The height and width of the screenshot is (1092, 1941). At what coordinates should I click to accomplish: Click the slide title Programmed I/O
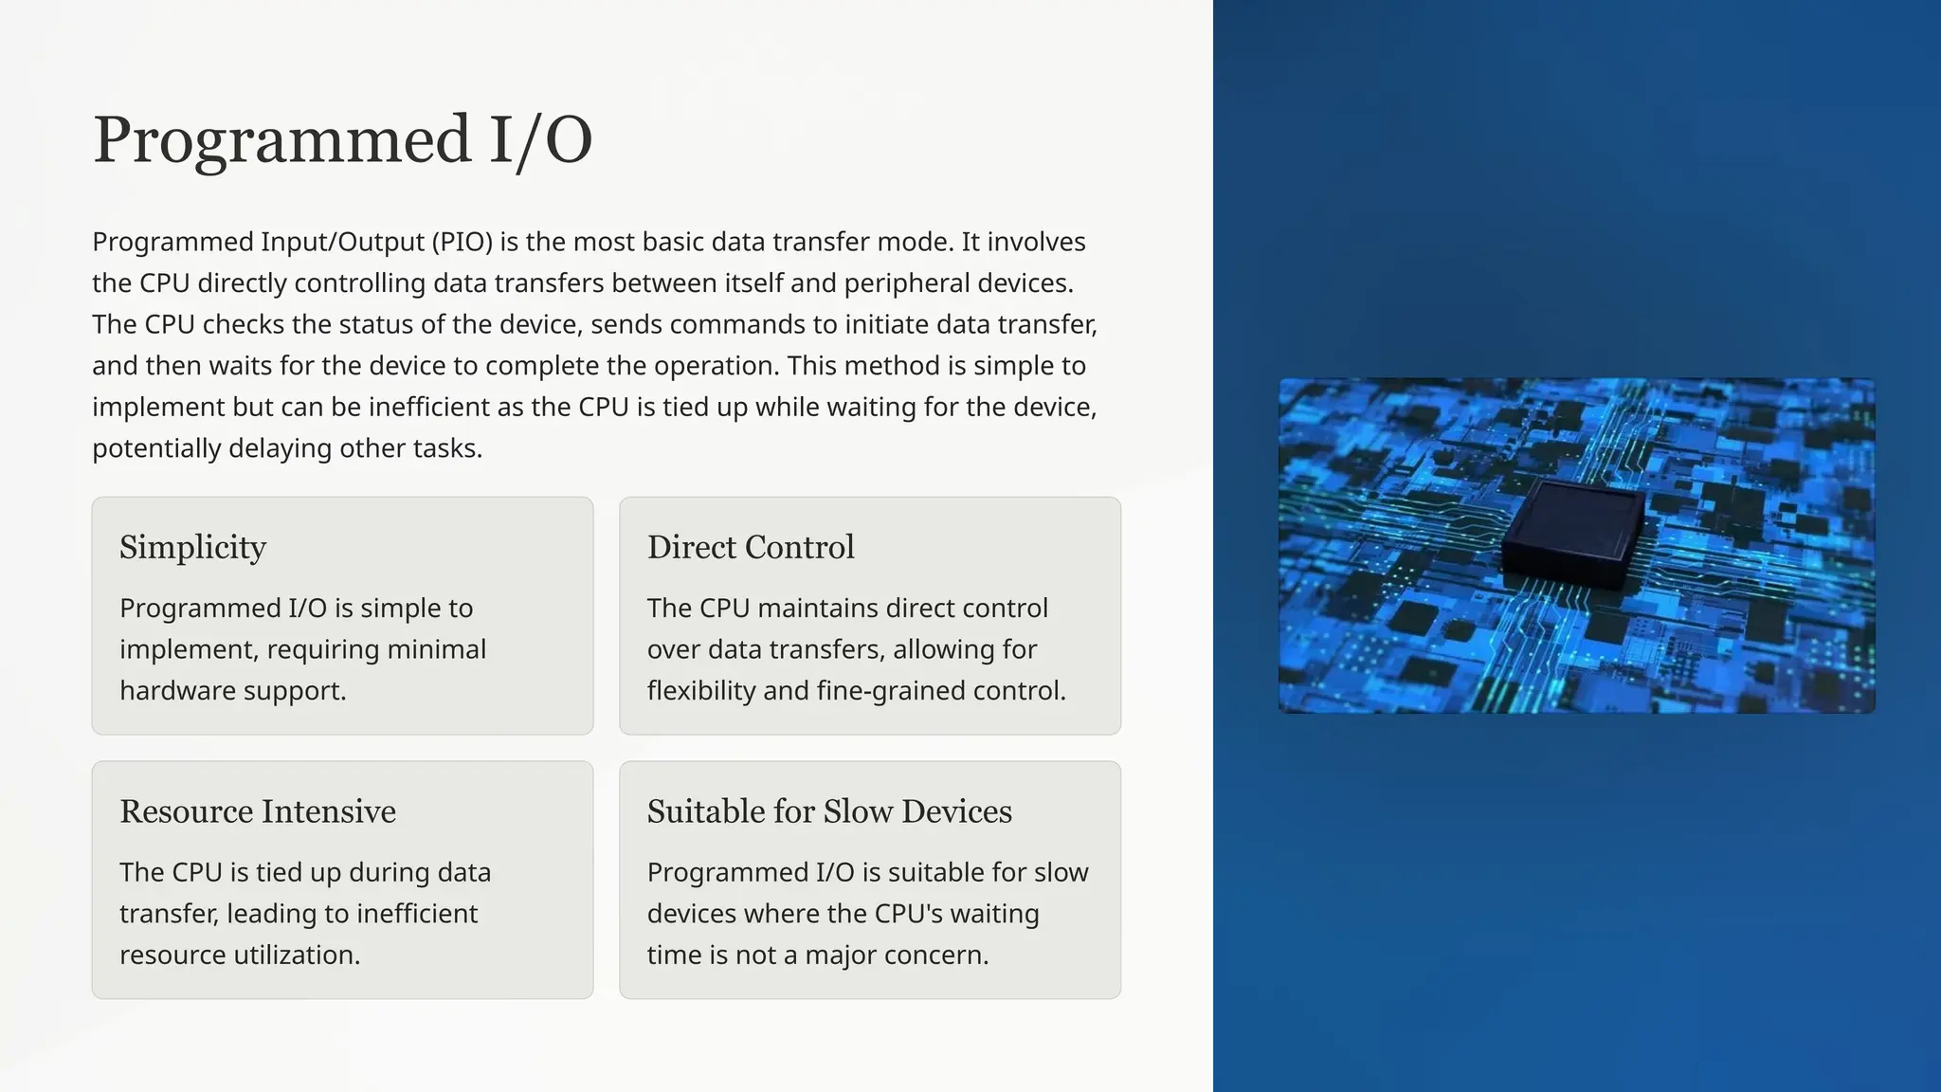342,140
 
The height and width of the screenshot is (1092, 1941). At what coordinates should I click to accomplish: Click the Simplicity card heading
192,547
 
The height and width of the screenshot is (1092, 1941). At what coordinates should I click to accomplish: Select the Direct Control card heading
751,547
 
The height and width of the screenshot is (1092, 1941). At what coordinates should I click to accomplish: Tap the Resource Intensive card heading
258,811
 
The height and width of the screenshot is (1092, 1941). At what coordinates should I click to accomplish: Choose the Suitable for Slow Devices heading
829,811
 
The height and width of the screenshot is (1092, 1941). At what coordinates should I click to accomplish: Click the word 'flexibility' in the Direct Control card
701,690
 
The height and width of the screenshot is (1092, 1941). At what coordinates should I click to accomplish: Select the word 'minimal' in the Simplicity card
440,649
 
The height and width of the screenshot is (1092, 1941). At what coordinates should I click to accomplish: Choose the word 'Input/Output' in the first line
343,242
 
